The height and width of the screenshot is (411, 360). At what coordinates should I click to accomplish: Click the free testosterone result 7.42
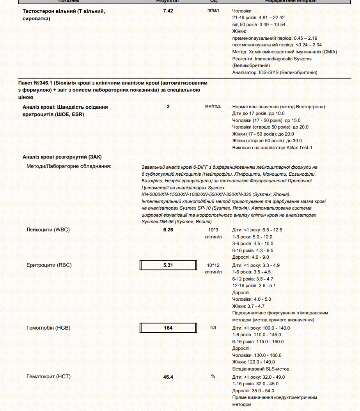(168, 11)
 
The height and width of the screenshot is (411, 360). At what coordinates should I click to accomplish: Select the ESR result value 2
(168, 106)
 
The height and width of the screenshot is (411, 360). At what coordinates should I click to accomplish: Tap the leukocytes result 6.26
(168, 230)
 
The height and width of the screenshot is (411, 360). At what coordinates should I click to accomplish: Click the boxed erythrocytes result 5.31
(168, 265)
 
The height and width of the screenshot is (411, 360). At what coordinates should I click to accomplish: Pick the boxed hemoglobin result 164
(168, 328)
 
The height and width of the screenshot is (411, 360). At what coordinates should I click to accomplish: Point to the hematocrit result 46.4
(168, 377)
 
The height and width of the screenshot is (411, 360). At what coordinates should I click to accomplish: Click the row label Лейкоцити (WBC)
(48, 230)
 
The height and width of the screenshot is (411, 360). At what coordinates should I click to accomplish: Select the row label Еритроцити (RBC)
(49, 265)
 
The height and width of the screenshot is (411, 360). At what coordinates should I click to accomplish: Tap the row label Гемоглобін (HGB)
(48, 328)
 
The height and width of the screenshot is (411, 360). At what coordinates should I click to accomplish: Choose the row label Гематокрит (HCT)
(49, 377)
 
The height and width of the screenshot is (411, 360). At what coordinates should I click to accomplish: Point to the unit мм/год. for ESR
(213, 106)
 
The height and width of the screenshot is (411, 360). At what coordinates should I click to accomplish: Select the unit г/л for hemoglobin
(213, 328)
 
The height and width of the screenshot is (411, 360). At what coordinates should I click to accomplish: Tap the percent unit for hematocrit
(213, 376)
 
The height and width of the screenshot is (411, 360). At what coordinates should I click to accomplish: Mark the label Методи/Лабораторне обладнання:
(69, 167)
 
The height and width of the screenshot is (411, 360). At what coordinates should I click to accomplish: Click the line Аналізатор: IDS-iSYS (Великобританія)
(275, 72)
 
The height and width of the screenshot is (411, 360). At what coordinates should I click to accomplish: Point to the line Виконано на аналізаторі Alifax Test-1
(272, 148)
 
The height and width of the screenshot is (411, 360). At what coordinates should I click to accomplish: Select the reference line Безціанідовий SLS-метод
(261, 369)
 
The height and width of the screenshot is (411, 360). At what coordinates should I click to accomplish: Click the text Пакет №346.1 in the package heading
(35, 83)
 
